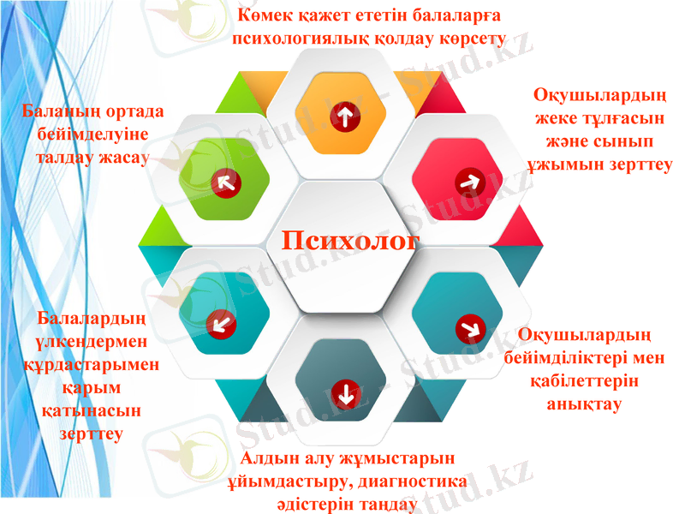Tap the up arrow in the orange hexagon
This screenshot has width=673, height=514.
345,117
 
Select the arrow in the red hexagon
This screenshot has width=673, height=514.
468,181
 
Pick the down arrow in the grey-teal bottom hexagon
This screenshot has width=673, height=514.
345,394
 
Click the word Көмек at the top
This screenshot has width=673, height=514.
265,15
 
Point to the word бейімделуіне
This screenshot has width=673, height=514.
92,135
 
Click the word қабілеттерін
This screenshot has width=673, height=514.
585,380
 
